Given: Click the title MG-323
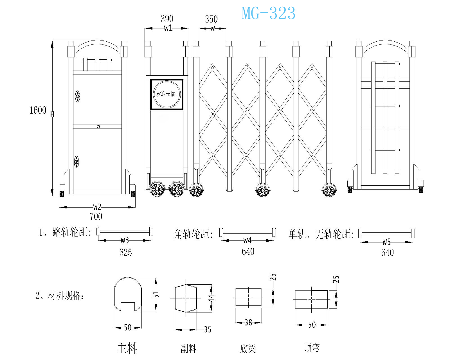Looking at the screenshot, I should (x=268, y=13).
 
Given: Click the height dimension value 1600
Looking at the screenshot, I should (x=38, y=110).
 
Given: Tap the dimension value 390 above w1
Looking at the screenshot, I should (x=167, y=19).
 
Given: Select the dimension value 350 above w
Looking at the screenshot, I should (x=211, y=19).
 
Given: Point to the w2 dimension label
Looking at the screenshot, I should (x=97, y=207).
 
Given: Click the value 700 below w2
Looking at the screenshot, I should (x=96, y=217).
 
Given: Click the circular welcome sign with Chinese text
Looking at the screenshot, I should (x=167, y=94).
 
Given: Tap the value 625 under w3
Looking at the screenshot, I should (x=125, y=252).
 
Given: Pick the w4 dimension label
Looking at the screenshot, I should (x=247, y=240).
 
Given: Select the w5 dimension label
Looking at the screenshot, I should (x=387, y=242).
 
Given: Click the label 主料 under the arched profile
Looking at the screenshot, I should (x=127, y=348).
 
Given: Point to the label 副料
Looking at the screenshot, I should (x=188, y=349).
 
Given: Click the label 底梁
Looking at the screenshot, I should (x=248, y=349).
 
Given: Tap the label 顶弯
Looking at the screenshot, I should (x=312, y=348).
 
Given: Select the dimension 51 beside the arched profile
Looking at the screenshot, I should (x=156, y=294).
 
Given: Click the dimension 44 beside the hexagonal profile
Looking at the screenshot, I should (x=211, y=298).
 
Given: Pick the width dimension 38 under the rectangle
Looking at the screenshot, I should (x=248, y=322).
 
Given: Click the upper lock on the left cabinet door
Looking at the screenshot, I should (x=78, y=96).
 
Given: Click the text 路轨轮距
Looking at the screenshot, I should (x=70, y=232).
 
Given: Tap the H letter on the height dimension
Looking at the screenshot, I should (x=52, y=114).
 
